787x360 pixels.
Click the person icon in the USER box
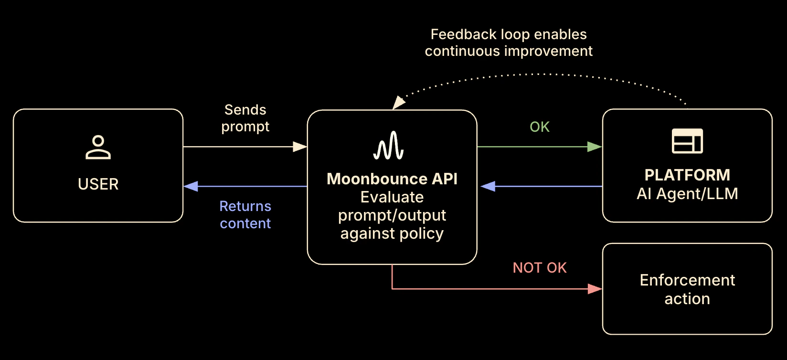coord(98,147)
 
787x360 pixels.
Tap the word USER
coord(98,184)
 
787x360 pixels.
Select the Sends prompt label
coord(245,118)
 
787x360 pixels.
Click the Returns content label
coord(245,214)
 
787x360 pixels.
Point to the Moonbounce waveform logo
coord(389,146)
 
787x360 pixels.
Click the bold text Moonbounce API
coord(392,179)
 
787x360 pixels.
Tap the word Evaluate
coord(392,197)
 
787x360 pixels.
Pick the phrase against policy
coord(392,233)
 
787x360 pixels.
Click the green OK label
coord(540,127)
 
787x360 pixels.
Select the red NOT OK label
coord(540,267)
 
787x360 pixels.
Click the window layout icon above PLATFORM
coord(687,141)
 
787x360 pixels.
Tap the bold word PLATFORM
coord(687,175)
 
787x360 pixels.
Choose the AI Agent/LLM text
coord(687,193)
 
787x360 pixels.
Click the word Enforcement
coord(687,280)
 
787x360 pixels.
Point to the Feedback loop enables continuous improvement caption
coord(509,42)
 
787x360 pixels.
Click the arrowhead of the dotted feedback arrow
coord(398,103)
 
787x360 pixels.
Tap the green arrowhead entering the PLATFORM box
coord(595,147)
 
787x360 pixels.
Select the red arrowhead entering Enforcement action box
coord(595,289)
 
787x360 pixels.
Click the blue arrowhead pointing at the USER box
coord(191,186)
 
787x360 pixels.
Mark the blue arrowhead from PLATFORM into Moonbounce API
coord(488,186)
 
